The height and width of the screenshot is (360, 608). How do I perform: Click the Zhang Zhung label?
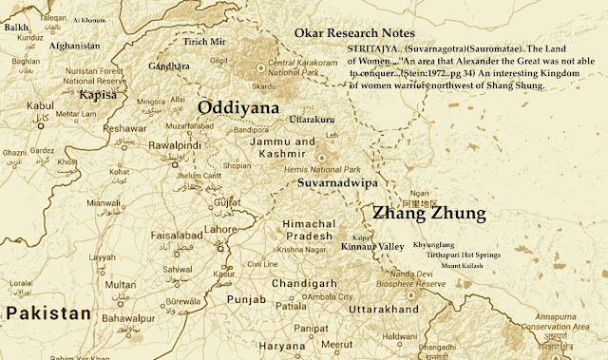[x=428, y=213]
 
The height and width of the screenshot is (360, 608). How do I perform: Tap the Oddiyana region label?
[x=237, y=108]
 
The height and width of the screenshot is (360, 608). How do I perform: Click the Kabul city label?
[x=41, y=105]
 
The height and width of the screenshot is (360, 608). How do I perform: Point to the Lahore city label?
[x=221, y=229]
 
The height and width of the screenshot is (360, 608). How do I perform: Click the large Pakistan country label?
[x=47, y=313]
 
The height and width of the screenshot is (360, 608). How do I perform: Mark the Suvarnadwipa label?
[x=337, y=179]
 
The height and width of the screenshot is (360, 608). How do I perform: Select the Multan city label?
[x=120, y=284]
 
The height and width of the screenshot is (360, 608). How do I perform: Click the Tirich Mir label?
[x=204, y=43]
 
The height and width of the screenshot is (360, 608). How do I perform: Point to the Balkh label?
[x=16, y=28]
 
